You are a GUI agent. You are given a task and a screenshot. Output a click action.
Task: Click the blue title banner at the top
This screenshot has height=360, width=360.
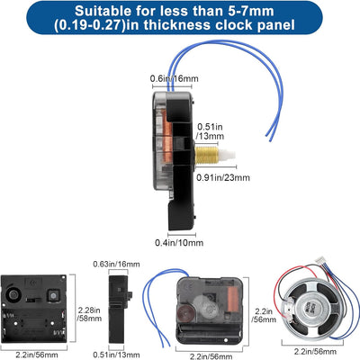click(x=175, y=17)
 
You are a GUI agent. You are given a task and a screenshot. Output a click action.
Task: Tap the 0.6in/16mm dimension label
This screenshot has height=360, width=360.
click(x=175, y=78)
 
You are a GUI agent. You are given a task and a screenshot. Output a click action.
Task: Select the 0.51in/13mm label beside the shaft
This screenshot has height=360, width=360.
click(x=211, y=131)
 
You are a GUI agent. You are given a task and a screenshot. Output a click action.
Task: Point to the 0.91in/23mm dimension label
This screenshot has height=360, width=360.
click(x=223, y=177)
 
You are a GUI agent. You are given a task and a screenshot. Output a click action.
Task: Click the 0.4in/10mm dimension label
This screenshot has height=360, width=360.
click(x=179, y=242)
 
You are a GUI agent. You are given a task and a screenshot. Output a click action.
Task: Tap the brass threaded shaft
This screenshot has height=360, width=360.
click(x=206, y=155)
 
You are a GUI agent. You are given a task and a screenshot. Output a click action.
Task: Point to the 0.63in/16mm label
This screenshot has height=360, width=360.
click(x=116, y=265)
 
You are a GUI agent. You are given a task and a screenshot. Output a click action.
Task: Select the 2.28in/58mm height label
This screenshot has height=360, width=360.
click(x=90, y=314)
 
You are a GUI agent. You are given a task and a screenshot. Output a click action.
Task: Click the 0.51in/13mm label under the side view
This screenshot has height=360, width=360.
click(x=116, y=355)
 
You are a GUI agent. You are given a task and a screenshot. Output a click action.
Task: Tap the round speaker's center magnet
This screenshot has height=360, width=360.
click(x=308, y=309)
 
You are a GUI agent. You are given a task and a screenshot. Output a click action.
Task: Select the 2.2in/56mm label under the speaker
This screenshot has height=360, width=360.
click(x=315, y=351)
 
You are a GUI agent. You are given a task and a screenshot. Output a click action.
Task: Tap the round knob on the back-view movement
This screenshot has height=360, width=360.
click(x=13, y=295)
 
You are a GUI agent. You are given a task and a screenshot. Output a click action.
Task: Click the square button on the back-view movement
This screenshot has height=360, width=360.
click(x=53, y=295)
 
